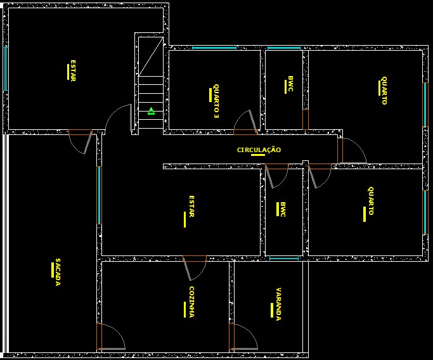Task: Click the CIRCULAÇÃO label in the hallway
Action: pyautogui.click(x=259, y=150)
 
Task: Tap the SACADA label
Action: pyautogui.click(x=57, y=272)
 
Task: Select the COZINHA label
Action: pyautogui.click(x=191, y=302)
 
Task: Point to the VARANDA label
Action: pyautogui.click(x=278, y=304)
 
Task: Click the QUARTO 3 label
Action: pyautogui.click(x=216, y=102)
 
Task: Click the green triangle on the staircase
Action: pyautogui.click(x=151, y=112)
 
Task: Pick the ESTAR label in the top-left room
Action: pyautogui.click(x=73, y=70)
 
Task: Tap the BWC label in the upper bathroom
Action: pyautogui.click(x=290, y=84)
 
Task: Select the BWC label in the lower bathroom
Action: pyautogui.click(x=283, y=210)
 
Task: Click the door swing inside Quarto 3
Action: pyautogui.click(x=245, y=122)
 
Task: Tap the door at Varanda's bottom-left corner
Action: pyautogui.click(x=242, y=337)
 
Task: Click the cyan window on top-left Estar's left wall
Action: pyautogui.click(x=6, y=68)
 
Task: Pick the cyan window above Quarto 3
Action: pyautogui.click(x=214, y=48)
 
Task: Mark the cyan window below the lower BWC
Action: pyautogui.click(x=283, y=259)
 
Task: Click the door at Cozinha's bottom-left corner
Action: pyautogui.click(x=109, y=337)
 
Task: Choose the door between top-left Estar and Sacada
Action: pyautogui.click(x=82, y=141)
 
